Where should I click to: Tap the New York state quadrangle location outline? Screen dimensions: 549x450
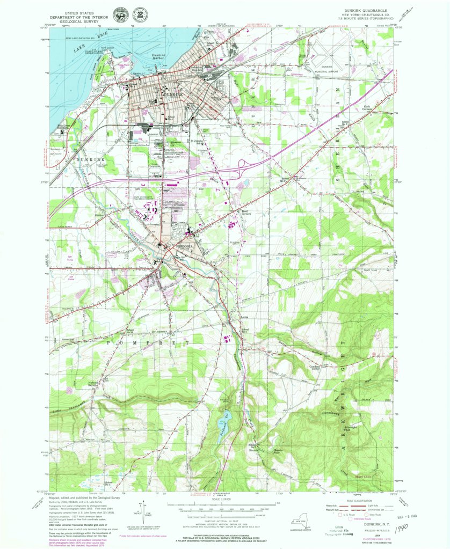pos(299,521)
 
